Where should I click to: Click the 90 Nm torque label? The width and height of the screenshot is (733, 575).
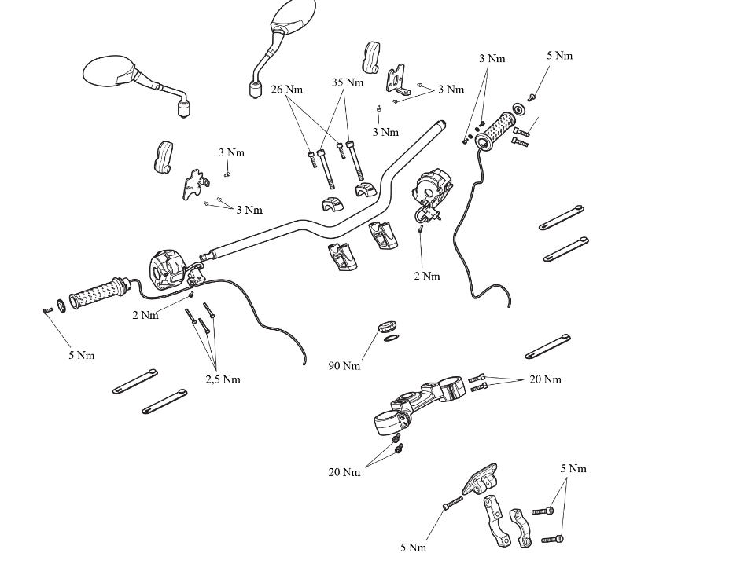pos(344,366)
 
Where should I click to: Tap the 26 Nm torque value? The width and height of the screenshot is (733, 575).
pos(287,89)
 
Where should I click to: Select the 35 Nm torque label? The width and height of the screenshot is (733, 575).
pos(348,82)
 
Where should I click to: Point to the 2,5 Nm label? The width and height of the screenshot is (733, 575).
pos(223,379)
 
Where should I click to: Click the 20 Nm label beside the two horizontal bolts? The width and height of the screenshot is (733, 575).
pos(546,379)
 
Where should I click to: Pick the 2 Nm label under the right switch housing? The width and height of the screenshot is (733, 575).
pos(427,276)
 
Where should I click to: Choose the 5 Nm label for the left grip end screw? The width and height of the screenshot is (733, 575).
pos(82,356)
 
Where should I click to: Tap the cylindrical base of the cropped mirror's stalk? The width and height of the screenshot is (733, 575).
pos(256,89)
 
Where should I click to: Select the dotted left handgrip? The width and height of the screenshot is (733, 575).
pos(98,293)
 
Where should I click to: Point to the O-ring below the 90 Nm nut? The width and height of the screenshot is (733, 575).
pos(391,338)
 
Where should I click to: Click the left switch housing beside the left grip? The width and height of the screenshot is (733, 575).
pos(169,269)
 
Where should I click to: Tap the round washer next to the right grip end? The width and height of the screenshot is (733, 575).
pos(518,109)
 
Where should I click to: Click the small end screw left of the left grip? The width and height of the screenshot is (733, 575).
pos(47,311)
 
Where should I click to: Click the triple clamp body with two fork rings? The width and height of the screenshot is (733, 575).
pos(418,405)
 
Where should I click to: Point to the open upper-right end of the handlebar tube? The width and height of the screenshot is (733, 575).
pos(441,125)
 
